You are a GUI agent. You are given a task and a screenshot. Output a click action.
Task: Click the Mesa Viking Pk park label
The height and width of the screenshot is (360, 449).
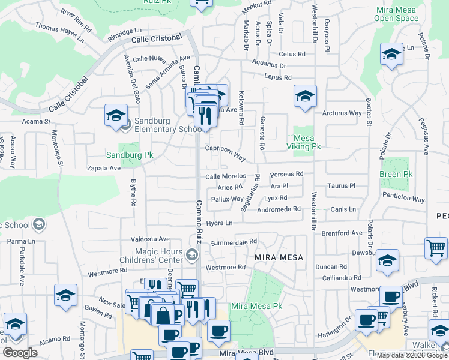coord(307,142)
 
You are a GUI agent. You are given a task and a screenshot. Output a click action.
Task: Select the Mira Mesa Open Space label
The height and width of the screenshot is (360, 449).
coord(396,14)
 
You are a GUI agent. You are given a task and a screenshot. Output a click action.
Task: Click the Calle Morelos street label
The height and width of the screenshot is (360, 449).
coord(226,176)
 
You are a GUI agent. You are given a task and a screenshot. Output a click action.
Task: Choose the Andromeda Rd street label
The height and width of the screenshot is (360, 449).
coord(279,209)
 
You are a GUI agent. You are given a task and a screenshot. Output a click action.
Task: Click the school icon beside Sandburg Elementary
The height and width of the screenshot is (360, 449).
coord(116,115)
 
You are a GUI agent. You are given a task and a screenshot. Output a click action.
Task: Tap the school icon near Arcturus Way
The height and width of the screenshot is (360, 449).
coord(305,95)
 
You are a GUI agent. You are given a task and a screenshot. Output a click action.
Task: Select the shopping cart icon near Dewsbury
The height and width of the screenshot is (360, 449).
coord(436,248)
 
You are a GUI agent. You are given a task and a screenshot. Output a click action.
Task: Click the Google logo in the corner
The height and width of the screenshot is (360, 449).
coord(20,353)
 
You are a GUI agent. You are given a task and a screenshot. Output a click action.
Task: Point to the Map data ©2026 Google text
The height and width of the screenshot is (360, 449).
coord(412,355)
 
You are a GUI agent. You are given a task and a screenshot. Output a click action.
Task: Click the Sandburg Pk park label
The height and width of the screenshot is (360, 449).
coord(130,155)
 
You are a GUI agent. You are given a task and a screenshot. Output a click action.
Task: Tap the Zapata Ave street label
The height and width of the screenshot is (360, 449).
coord(104,169)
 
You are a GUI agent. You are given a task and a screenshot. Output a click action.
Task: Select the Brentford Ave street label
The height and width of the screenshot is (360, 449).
coord(342,233)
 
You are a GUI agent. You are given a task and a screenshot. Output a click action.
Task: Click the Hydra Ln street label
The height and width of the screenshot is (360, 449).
coord(219,223)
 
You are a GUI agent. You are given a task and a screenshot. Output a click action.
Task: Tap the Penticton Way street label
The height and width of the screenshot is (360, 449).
coord(402,199)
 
